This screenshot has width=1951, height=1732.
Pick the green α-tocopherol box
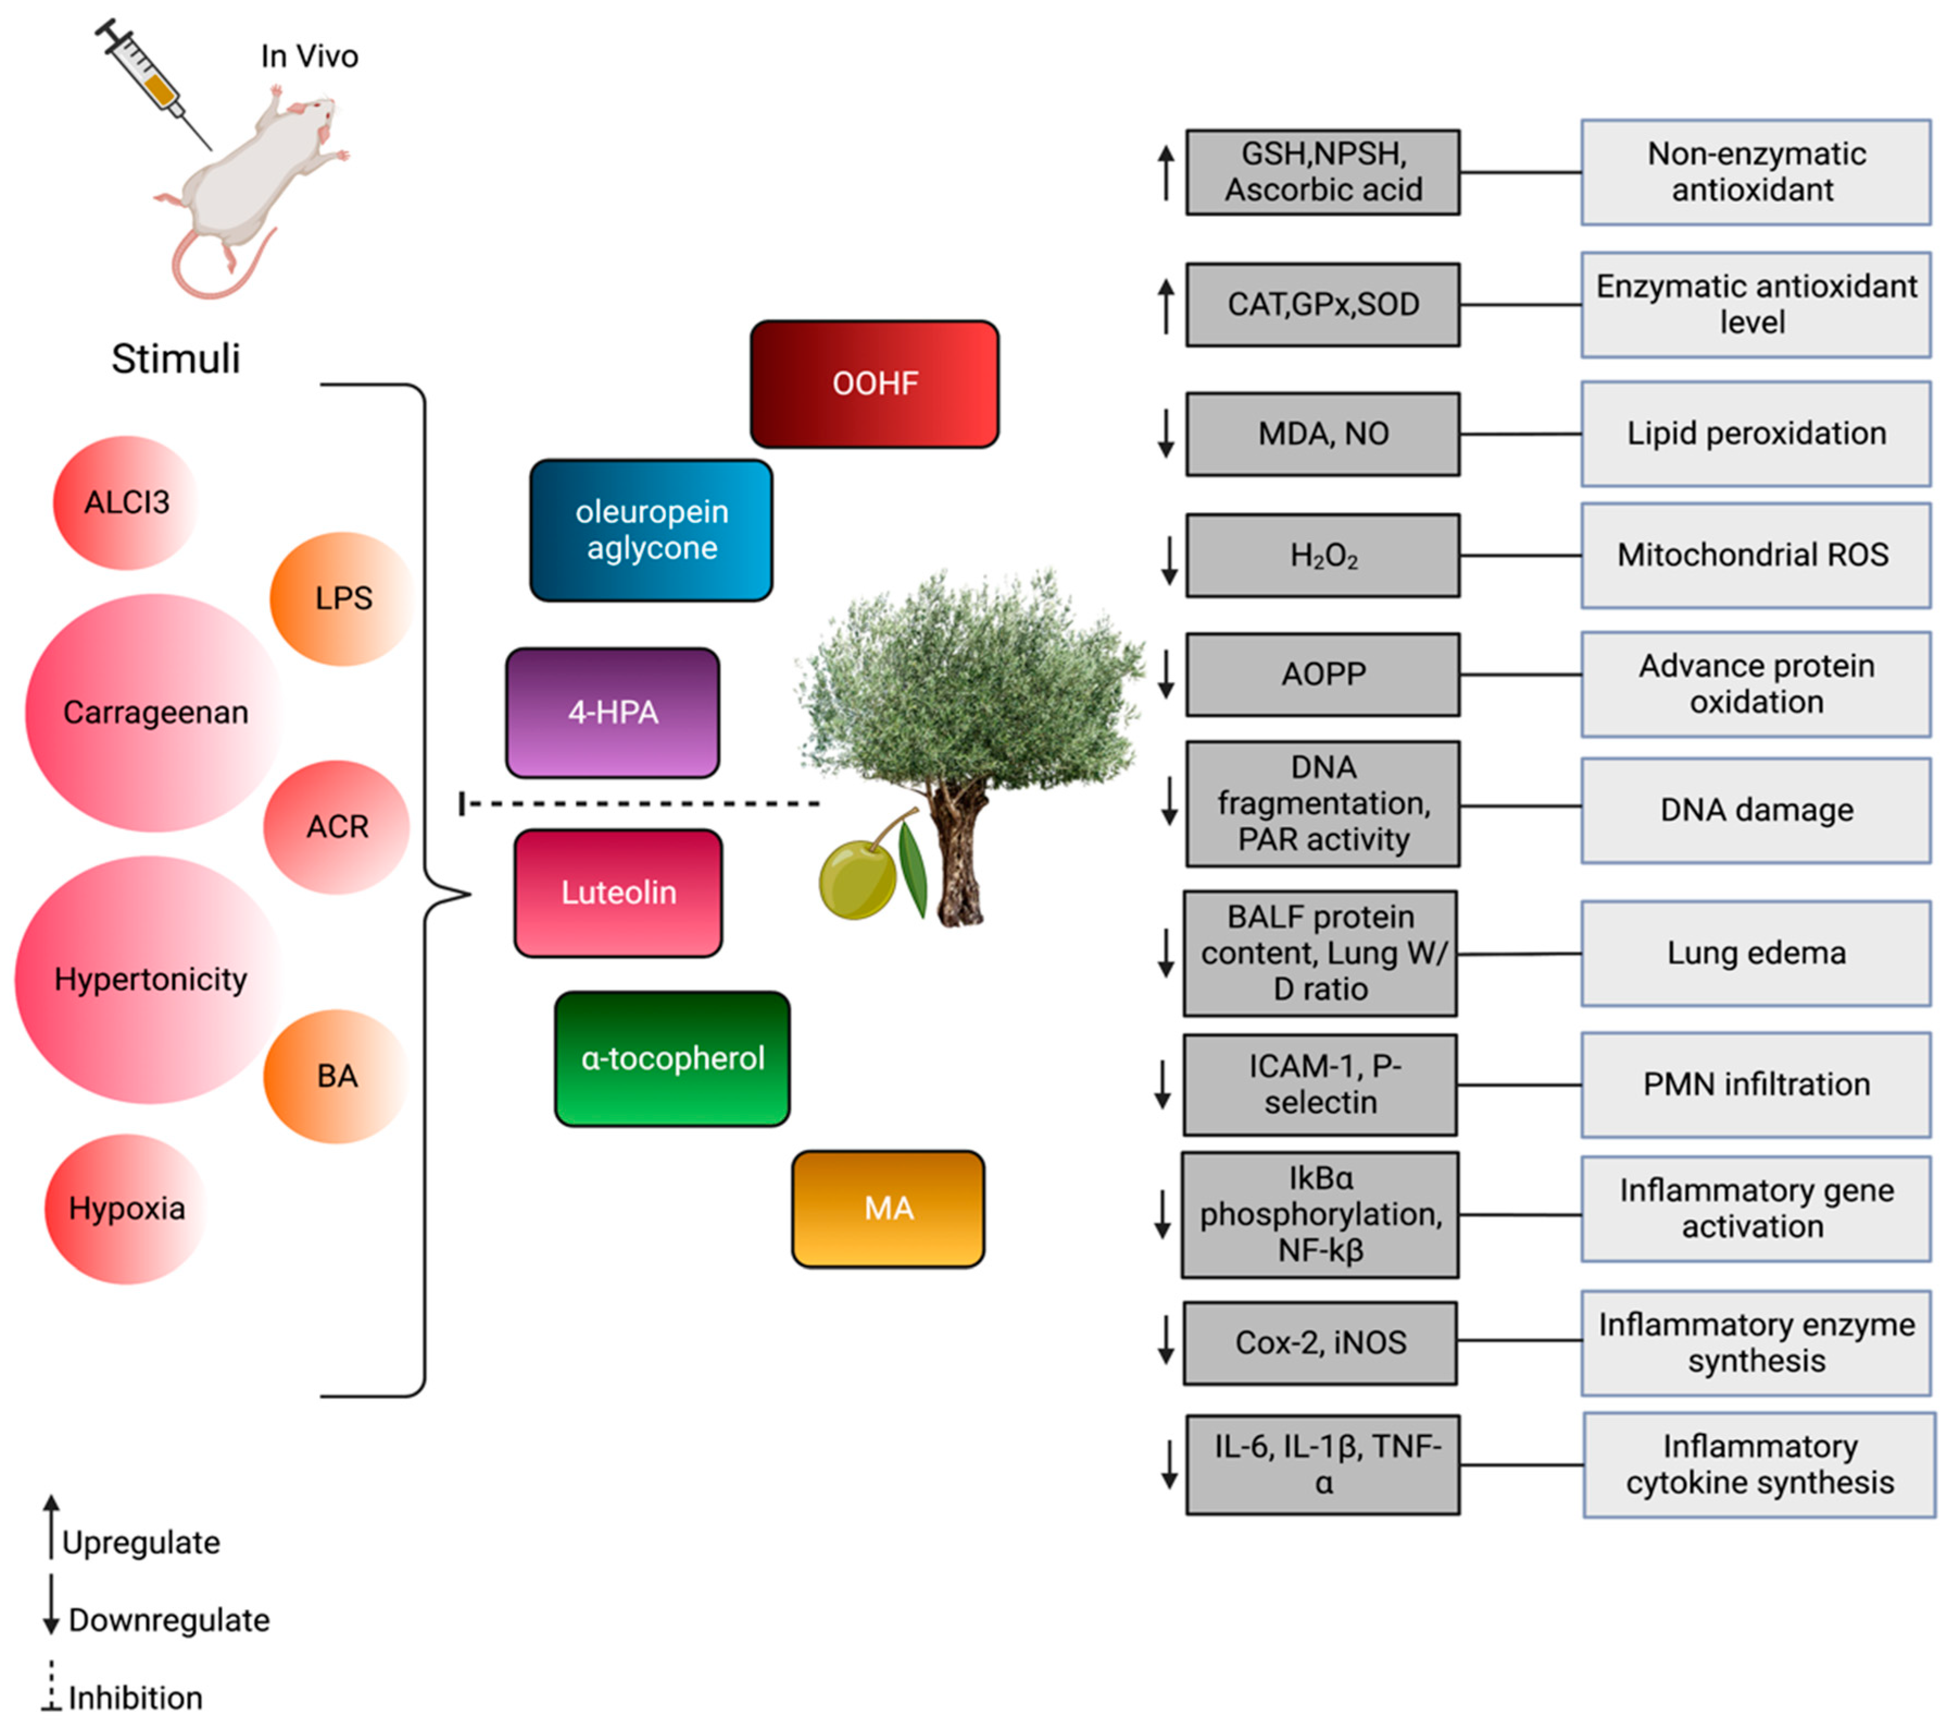(x=672, y=1059)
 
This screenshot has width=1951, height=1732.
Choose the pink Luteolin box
(x=618, y=892)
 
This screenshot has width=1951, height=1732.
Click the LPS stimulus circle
(x=342, y=599)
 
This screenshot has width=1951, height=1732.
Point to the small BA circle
(x=336, y=1076)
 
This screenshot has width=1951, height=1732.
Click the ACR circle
(x=336, y=827)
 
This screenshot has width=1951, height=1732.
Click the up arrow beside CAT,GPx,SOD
(x=1166, y=305)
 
